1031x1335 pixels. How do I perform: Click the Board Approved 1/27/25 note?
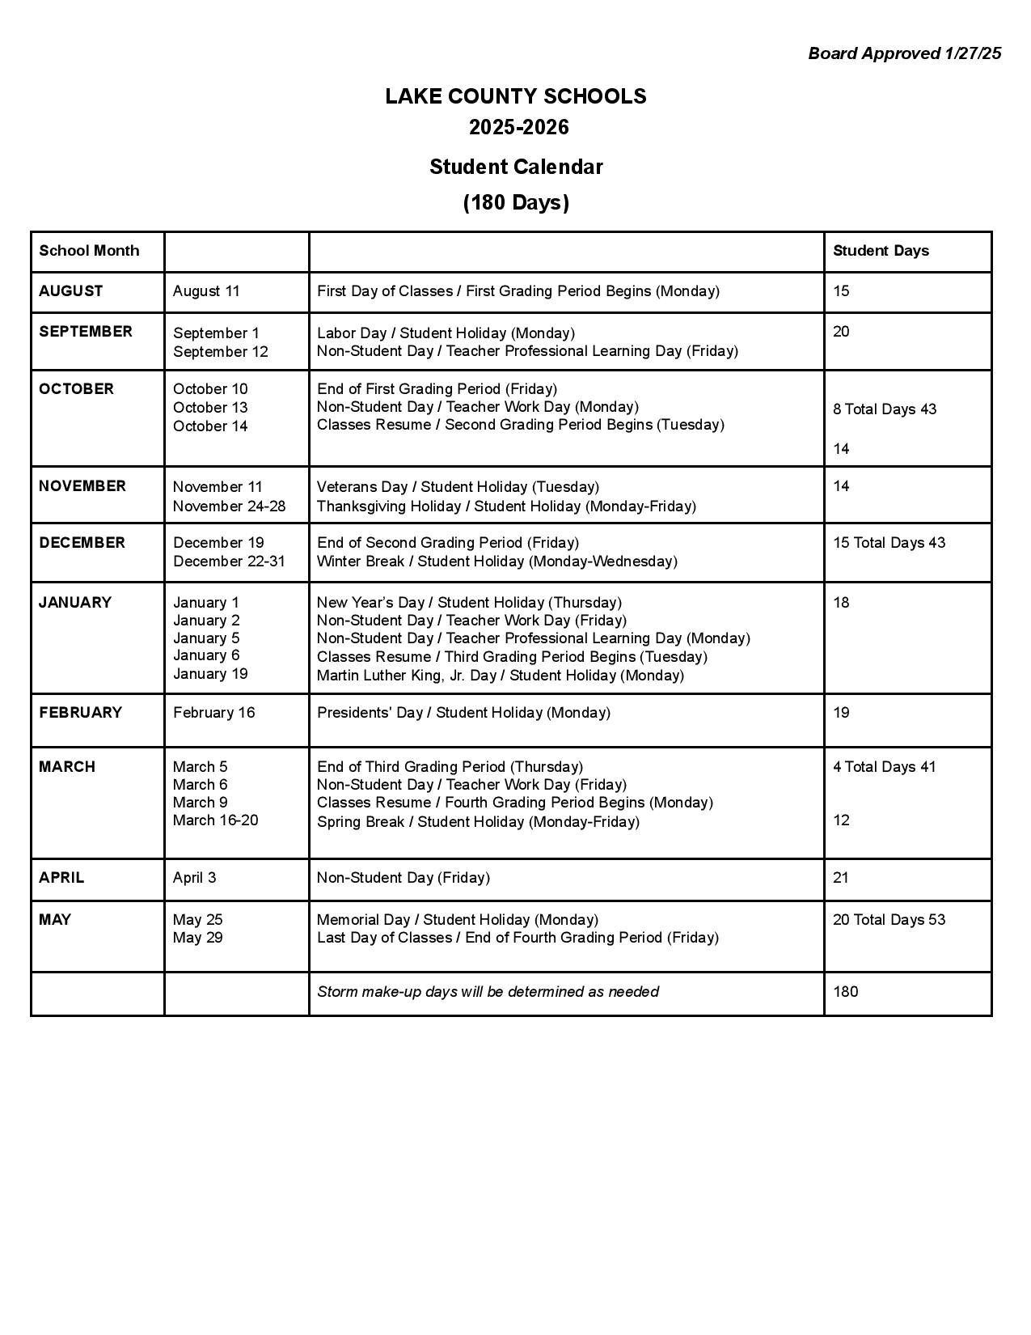[x=904, y=53]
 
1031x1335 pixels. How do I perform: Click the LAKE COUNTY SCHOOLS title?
[x=515, y=96]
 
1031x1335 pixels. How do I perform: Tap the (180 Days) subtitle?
[x=515, y=202]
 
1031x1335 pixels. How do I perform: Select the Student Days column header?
[x=881, y=251]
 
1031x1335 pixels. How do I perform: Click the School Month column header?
[x=89, y=251]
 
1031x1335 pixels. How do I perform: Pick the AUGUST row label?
[x=71, y=291]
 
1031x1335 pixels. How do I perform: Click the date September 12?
[x=220, y=352]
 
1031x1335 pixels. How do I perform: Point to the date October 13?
[x=210, y=408]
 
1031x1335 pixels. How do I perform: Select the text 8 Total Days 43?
[x=885, y=409]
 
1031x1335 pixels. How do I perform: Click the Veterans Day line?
[x=458, y=487]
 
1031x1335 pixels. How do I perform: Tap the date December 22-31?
[x=229, y=562]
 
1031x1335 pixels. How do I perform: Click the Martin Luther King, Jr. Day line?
[x=500, y=676]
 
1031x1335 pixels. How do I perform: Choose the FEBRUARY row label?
[x=80, y=713]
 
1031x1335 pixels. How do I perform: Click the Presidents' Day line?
[x=463, y=713]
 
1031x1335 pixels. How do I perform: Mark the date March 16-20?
[x=215, y=820]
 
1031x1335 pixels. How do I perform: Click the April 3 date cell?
[x=194, y=878]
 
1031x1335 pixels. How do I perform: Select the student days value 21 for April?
[x=841, y=878]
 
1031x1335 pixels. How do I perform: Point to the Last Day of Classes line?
[x=518, y=938]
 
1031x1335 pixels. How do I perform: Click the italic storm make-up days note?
[x=488, y=992]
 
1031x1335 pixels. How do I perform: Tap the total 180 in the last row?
[x=845, y=992]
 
